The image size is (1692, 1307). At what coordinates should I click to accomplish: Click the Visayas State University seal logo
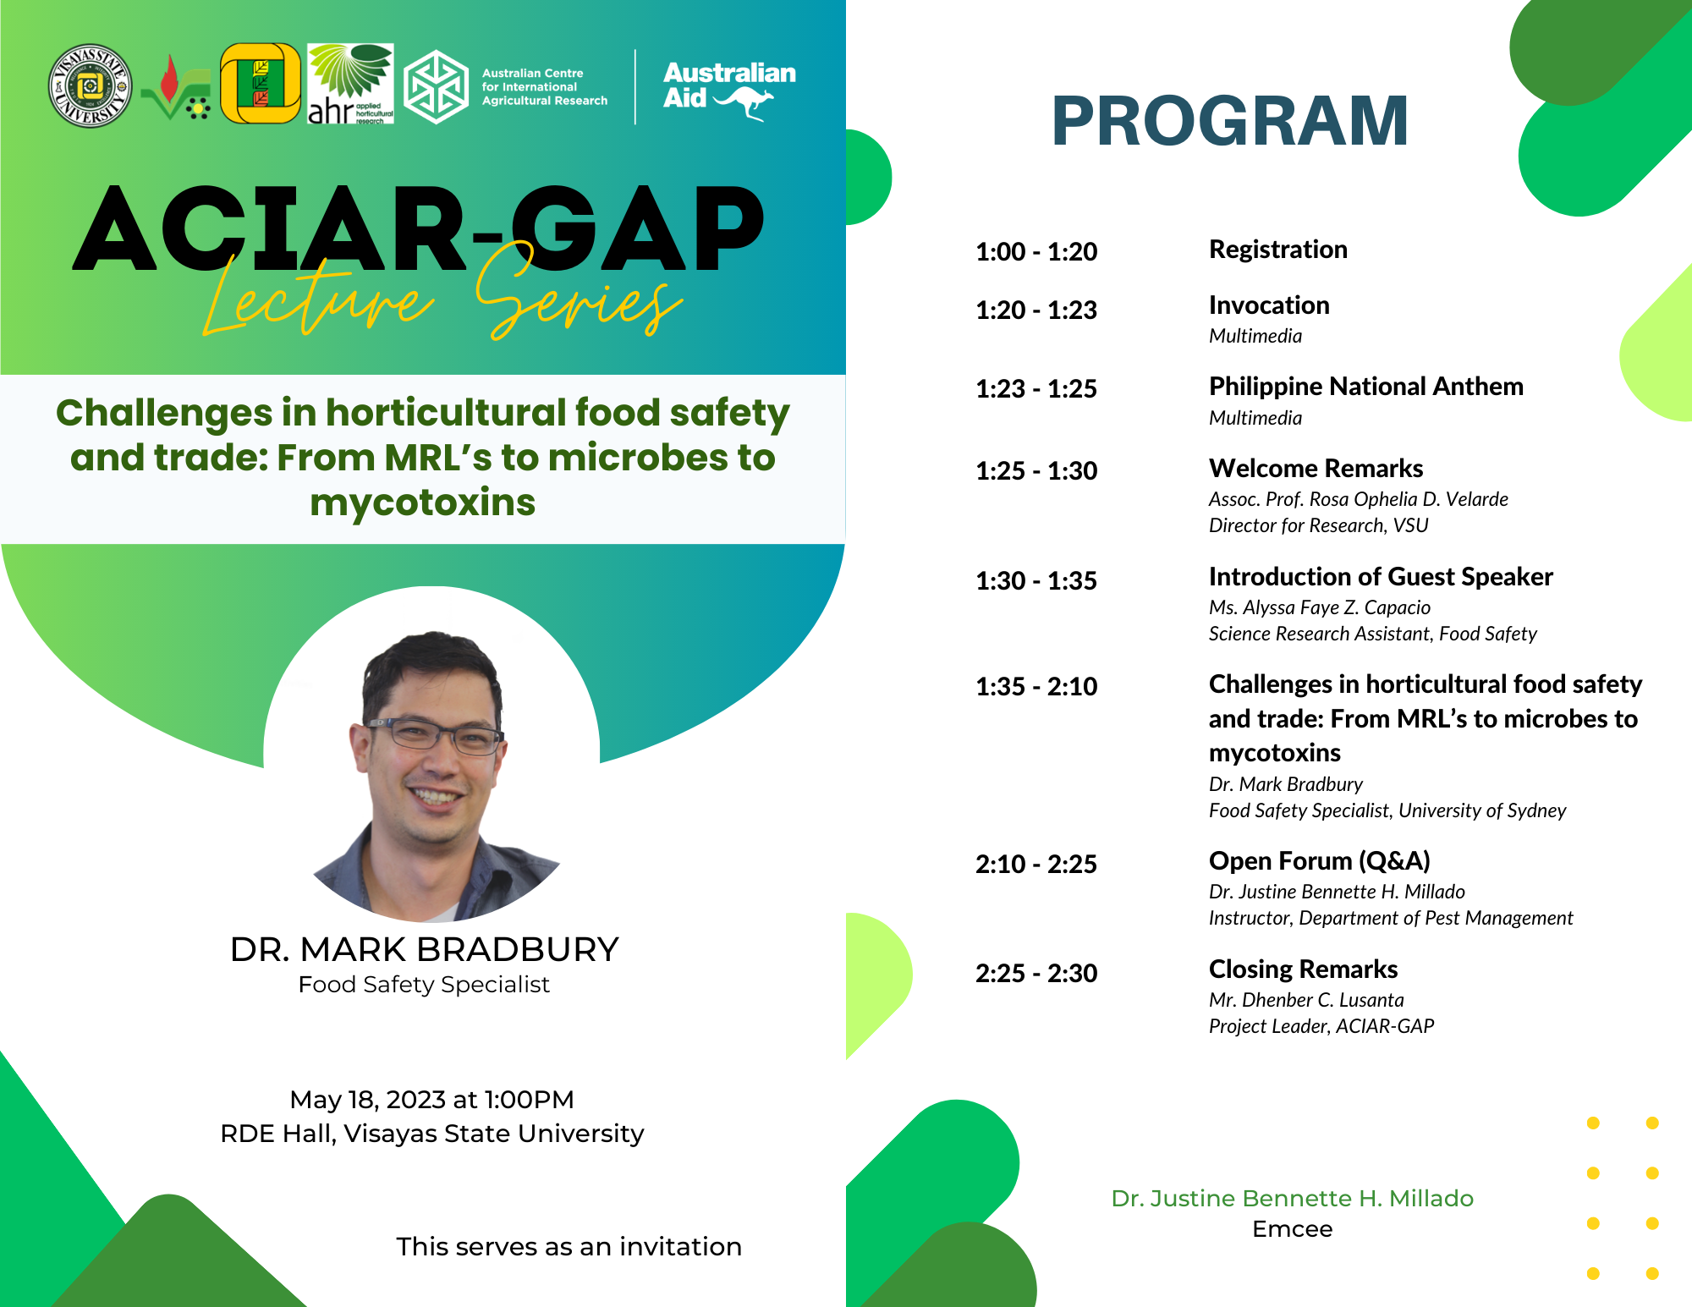tap(90, 85)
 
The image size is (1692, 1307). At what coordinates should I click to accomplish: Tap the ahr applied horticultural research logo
tap(350, 84)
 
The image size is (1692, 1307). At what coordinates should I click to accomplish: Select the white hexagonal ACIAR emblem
tap(436, 86)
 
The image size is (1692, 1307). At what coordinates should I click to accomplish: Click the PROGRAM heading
tap(1230, 121)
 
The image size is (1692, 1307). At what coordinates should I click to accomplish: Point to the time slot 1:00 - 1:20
tap(1036, 251)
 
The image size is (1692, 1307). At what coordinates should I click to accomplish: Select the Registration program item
tap(1278, 250)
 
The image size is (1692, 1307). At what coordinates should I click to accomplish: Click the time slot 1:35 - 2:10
tap(1036, 686)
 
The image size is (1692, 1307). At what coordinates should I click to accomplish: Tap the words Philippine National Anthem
tap(1366, 387)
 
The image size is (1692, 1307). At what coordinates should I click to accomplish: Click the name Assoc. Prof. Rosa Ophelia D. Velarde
tap(1359, 499)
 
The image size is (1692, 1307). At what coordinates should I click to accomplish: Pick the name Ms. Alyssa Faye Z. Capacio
tap(1320, 607)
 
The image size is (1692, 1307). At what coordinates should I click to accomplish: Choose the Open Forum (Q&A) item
tap(1320, 861)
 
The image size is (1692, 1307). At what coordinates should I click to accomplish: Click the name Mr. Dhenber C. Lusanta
tap(1306, 1000)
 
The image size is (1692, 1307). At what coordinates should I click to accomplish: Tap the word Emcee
tap(1293, 1229)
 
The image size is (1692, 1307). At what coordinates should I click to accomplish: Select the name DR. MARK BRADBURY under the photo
tap(424, 950)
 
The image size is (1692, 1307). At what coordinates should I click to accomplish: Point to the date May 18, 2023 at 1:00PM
tap(431, 1100)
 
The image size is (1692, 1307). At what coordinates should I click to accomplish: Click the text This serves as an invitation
tap(569, 1247)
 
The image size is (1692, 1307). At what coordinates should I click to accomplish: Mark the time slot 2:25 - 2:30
tap(1036, 973)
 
